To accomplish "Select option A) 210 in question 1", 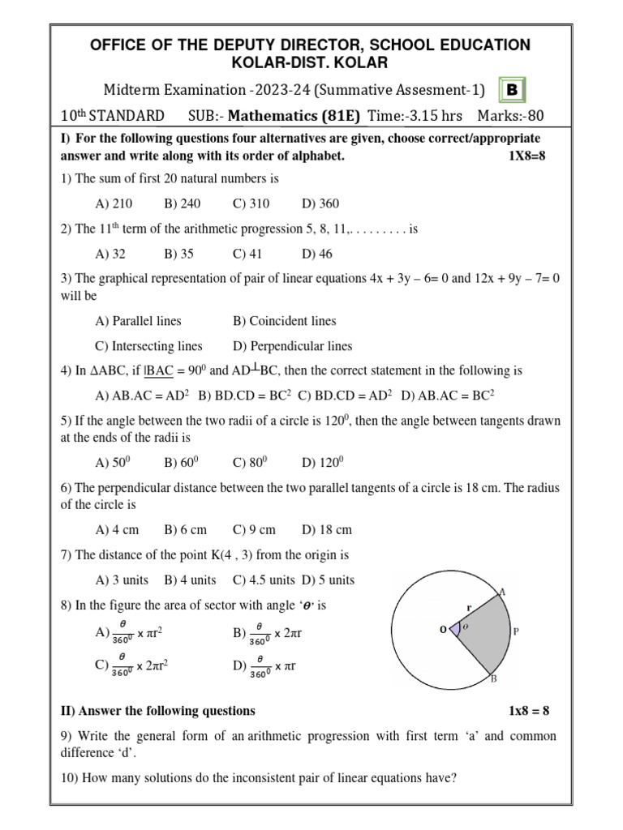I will (x=114, y=203).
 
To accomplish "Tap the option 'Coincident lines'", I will (x=284, y=321).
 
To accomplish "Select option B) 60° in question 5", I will (x=181, y=463).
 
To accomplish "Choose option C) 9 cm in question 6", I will (x=254, y=530).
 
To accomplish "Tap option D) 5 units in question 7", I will (x=329, y=580).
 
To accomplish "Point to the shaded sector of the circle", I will (x=483, y=632).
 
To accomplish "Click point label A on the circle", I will (x=502, y=593).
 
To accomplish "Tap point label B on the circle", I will (x=493, y=679).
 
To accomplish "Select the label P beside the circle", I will (x=517, y=631).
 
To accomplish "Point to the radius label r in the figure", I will (x=468, y=605).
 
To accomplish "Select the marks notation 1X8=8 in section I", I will (x=525, y=156).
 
